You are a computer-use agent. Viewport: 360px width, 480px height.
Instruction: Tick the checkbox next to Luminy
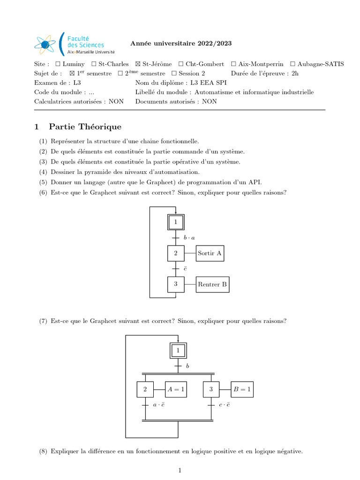(57, 64)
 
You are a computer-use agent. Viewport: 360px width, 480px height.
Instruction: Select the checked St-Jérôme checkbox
(138, 64)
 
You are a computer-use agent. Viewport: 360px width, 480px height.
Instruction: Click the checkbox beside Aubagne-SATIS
(293, 64)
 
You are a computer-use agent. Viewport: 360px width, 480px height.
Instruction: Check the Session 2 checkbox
(174, 74)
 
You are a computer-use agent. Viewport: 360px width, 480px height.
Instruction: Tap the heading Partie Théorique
(85, 127)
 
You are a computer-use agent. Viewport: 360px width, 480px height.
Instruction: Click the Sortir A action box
(210, 253)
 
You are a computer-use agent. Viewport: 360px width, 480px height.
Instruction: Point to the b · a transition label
(189, 238)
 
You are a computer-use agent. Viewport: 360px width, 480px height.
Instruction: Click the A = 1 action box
(176, 389)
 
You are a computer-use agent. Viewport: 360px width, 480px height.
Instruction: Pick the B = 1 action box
(242, 389)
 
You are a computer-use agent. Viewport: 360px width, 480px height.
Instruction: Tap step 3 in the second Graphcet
(211, 389)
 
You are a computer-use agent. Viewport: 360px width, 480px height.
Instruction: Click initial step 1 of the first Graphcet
(176, 222)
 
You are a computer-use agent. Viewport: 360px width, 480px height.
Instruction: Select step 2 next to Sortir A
(176, 253)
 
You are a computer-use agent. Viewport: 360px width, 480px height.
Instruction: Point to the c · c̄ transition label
(225, 405)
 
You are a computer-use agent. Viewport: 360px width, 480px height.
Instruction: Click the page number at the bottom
(180, 470)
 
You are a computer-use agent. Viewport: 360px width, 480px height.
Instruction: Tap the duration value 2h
(295, 74)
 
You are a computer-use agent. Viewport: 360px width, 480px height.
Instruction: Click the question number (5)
(43, 182)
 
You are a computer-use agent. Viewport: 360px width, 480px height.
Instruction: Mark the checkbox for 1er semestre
(72, 74)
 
